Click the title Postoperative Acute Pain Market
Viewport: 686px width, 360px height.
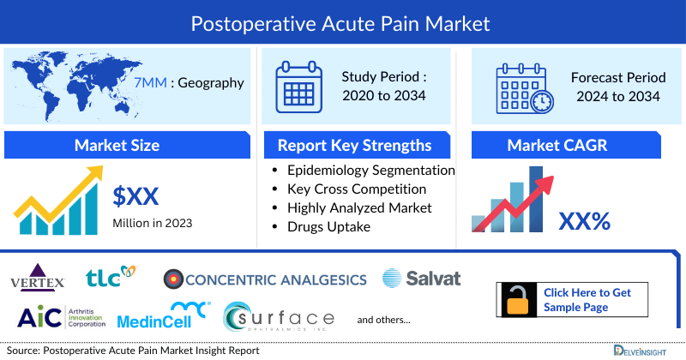[343, 23]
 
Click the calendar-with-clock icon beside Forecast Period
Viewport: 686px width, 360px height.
[524, 89]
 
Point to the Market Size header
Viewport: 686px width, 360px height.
[117, 145]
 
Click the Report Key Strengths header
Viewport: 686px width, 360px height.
[353, 145]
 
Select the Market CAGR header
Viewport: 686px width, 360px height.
[569, 145]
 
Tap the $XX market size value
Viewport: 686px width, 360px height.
[136, 196]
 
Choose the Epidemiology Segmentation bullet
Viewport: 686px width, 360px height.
[370, 171]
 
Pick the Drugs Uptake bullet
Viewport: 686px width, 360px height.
[328, 226]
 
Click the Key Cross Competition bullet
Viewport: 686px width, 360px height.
[357, 189]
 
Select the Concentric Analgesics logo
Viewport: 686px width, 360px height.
[266, 279]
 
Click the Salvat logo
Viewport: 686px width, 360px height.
[421, 278]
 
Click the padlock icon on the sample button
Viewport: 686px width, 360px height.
[518, 300]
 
